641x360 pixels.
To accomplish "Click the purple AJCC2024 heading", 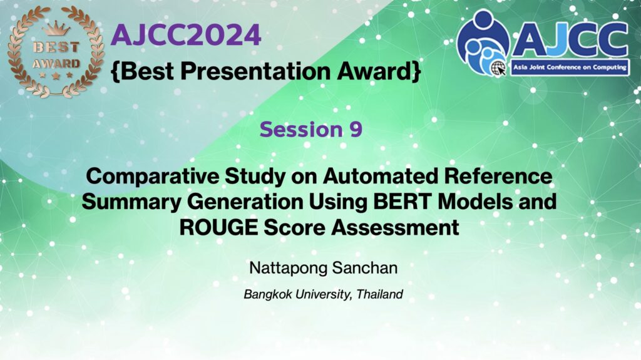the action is click(x=186, y=35).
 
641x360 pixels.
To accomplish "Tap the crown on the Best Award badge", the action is click(x=56, y=29).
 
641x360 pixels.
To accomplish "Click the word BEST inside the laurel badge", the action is click(x=56, y=47).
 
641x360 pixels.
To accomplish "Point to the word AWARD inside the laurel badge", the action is click(x=56, y=64).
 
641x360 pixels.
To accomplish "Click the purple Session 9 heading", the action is click(x=311, y=129).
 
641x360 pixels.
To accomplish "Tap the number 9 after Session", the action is click(x=356, y=129).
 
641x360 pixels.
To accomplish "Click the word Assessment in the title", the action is click(x=396, y=227).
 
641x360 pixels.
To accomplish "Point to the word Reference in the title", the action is click(x=498, y=177).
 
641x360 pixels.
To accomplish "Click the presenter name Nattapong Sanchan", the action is click(x=324, y=268).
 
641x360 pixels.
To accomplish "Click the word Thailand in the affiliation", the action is click(x=380, y=294).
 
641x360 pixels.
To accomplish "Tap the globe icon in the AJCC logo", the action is click(x=498, y=68).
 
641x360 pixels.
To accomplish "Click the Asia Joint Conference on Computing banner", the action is click(x=570, y=68).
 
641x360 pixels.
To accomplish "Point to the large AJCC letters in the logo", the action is click(x=570, y=39).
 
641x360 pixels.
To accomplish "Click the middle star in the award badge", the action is click(x=56, y=76).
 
